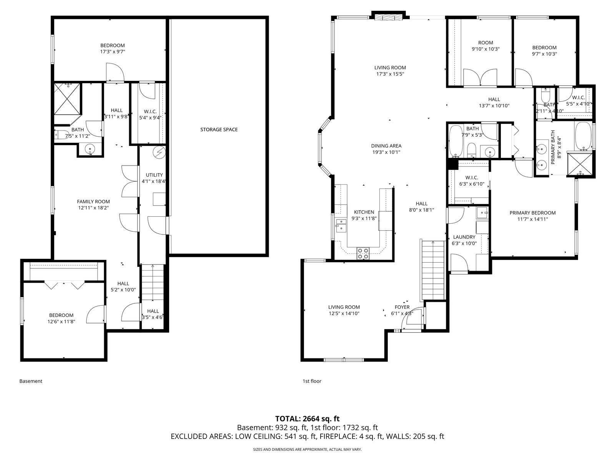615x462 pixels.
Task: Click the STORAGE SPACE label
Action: click(x=219, y=130)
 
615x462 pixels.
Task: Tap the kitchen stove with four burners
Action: click(x=363, y=253)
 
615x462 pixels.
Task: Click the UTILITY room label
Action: click(x=154, y=175)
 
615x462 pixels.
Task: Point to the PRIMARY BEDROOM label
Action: click(x=532, y=213)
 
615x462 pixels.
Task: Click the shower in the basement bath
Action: click(x=67, y=99)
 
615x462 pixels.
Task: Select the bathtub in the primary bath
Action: click(x=583, y=136)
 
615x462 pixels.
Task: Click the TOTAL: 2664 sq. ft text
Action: click(x=307, y=419)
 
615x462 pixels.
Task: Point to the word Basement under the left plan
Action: click(x=31, y=381)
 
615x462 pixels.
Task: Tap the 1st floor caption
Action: click(x=312, y=381)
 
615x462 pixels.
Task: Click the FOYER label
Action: click(x=402, y=307)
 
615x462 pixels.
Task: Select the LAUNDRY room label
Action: click(x=464, y=237)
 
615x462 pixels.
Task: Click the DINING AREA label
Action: click(x=386, y=146)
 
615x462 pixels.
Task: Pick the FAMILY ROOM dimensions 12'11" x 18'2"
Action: click(x=93, y=208)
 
